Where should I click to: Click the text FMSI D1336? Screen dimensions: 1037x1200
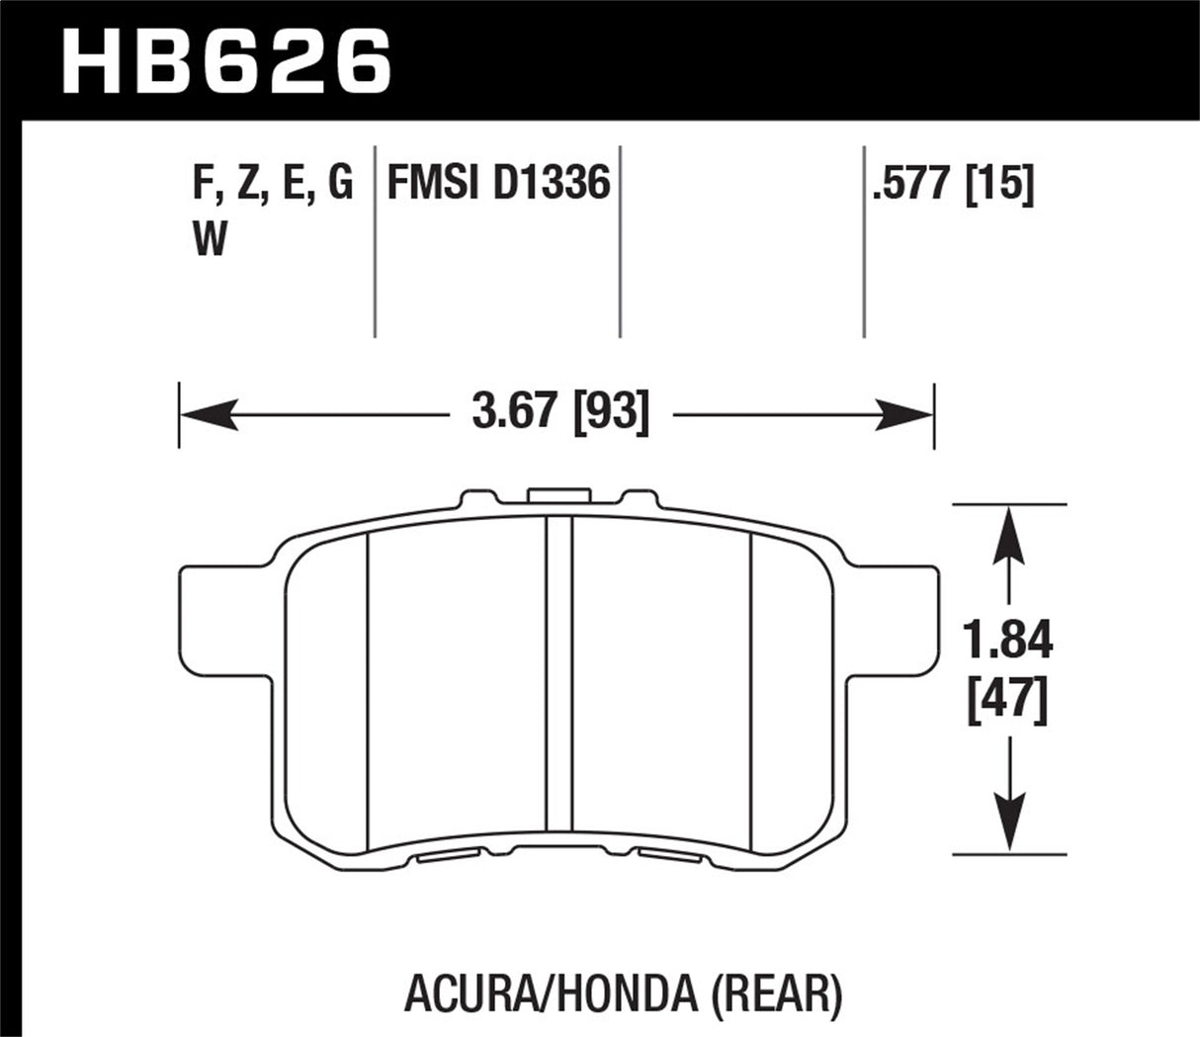point(497,184)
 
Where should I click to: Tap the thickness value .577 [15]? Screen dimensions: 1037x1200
point(952,184)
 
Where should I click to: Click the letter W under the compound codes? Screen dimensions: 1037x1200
point(209,240)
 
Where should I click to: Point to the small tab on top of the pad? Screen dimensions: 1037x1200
point(558,497)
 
